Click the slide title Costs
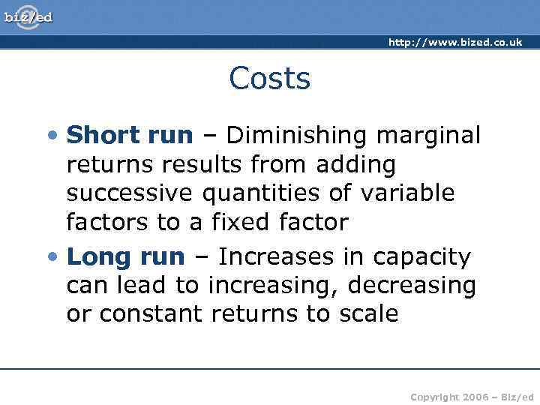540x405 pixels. [x=269, y=78]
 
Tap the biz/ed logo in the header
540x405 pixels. [x=28, y=16]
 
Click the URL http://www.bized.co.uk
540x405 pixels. [x=454, y=43]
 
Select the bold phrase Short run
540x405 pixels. [x=130, y=135]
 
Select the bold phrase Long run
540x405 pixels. [x=125, y=257]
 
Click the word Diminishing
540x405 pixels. [x=298, y=135]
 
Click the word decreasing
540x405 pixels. [x=413, y=286]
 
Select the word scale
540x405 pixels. [x=367, y=314]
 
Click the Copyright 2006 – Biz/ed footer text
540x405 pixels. [x=472, y=396]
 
